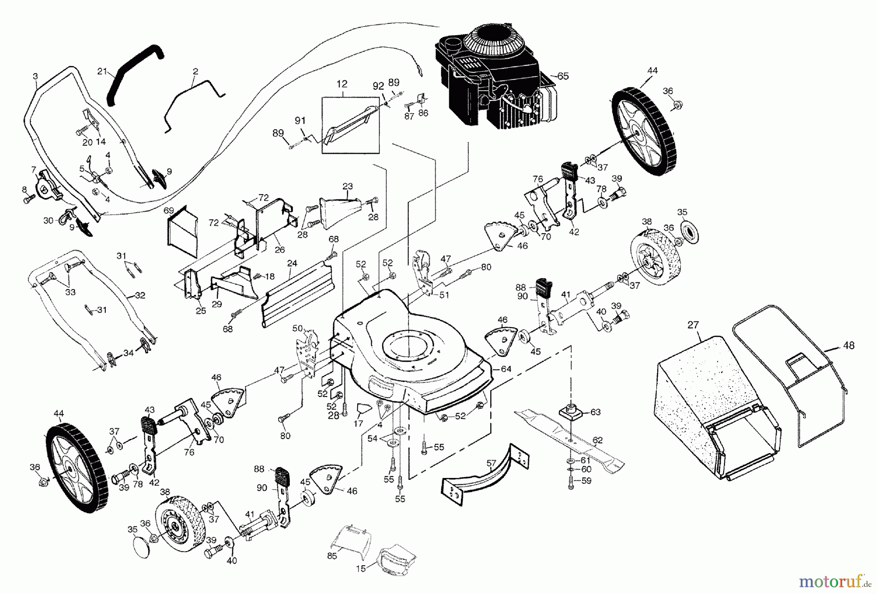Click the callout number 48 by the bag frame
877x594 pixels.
848,346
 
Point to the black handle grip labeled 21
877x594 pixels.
134,68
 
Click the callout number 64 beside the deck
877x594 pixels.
506,369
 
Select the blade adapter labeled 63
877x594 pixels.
569,412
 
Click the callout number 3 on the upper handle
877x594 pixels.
35,76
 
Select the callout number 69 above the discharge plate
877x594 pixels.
169,211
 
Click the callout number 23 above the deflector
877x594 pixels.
347,186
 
